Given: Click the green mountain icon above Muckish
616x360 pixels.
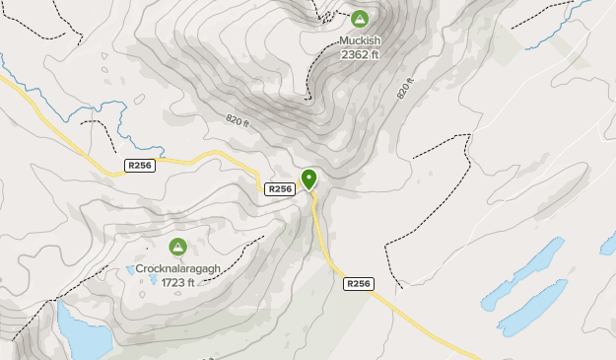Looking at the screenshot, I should point(359,19).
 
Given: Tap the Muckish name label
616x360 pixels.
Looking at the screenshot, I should point(359,41).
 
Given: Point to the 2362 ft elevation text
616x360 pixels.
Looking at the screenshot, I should point(359,55).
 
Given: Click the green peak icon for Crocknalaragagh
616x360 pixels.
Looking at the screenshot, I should point(177,247).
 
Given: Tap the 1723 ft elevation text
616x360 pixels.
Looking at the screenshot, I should point(177,283).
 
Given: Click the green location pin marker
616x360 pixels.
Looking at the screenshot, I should point(309,179).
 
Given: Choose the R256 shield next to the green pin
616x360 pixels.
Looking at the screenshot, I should point(280,188).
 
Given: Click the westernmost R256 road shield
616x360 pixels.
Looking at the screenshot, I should point(140,167).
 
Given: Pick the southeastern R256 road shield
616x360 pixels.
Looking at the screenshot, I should point(358,283).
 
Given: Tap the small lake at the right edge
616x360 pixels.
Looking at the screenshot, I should point(608,243).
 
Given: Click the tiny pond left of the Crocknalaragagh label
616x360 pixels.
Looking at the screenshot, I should point(130,268).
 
